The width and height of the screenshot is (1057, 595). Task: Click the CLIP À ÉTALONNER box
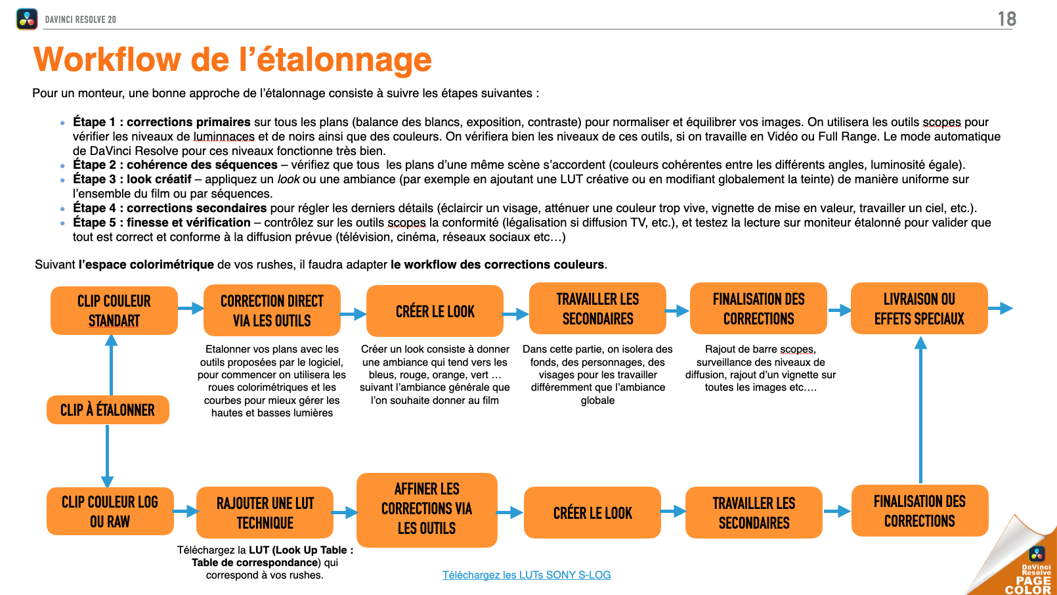point(108,410)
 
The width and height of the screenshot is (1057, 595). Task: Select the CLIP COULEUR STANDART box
point(114,311)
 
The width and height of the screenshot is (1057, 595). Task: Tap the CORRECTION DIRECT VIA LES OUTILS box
point(272,311)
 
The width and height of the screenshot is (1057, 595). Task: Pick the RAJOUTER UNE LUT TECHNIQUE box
point(265,513)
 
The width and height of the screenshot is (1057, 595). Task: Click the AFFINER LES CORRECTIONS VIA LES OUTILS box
point(427,509)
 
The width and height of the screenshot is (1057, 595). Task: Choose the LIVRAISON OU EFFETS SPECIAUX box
point(919,309)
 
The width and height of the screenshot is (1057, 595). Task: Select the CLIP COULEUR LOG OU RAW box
point(110,512)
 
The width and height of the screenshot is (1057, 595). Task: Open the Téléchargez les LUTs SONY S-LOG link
point(527,575)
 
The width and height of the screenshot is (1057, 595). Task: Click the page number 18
point(1006,19)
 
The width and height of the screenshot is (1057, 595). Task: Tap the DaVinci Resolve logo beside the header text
point(27,19)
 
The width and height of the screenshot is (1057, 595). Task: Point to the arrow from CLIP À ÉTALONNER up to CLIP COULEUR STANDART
point(112,364)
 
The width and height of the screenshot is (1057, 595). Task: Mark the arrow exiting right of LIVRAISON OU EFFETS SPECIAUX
point(1001,308)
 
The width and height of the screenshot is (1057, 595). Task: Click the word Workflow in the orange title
point(107,60)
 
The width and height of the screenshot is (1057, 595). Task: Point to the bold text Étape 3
point(94,179)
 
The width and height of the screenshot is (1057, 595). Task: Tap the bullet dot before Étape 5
point(62,223)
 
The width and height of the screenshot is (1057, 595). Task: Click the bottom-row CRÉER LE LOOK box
point(592,513)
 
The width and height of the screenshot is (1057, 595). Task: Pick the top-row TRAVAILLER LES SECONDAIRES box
point(597,309)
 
